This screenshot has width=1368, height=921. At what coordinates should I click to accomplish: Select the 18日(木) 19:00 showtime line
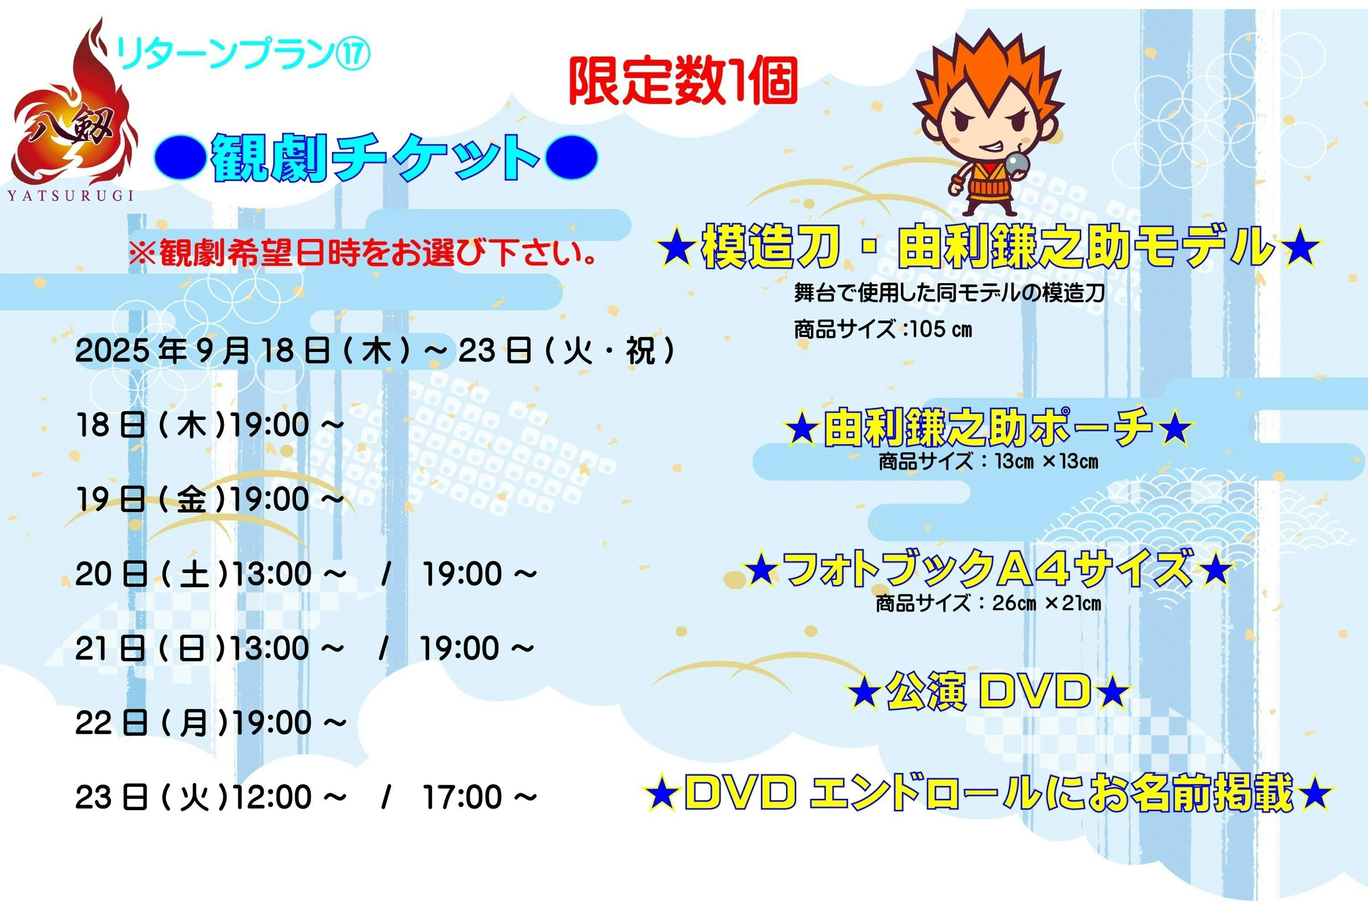tap(210, 424)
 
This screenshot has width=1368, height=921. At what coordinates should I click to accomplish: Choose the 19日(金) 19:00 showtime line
tap(210, 499)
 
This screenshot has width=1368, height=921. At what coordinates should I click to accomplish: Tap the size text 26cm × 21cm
tap(1047, 603)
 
